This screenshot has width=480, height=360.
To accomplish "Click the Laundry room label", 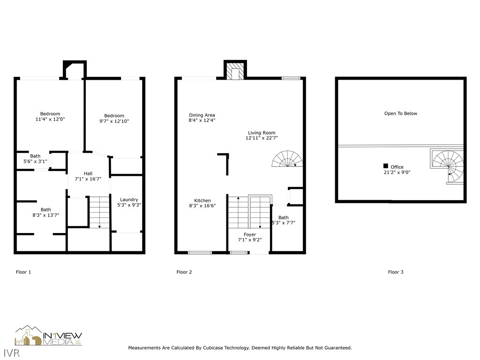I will click(x=129, y=200).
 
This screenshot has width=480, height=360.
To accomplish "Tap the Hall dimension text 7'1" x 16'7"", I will click(x=88, y=179).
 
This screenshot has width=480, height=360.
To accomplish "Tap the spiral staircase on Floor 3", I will click(x=448, y=166).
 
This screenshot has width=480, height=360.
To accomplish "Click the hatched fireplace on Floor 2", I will click(x=235, y=71).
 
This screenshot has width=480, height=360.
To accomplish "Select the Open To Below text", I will click(x=400, y=113).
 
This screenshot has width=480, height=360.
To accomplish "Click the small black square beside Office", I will click(x=385, y=166).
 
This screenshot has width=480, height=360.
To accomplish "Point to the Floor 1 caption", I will click(x=23, y=272).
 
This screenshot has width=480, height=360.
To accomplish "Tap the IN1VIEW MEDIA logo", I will click(x=49, y=336).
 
